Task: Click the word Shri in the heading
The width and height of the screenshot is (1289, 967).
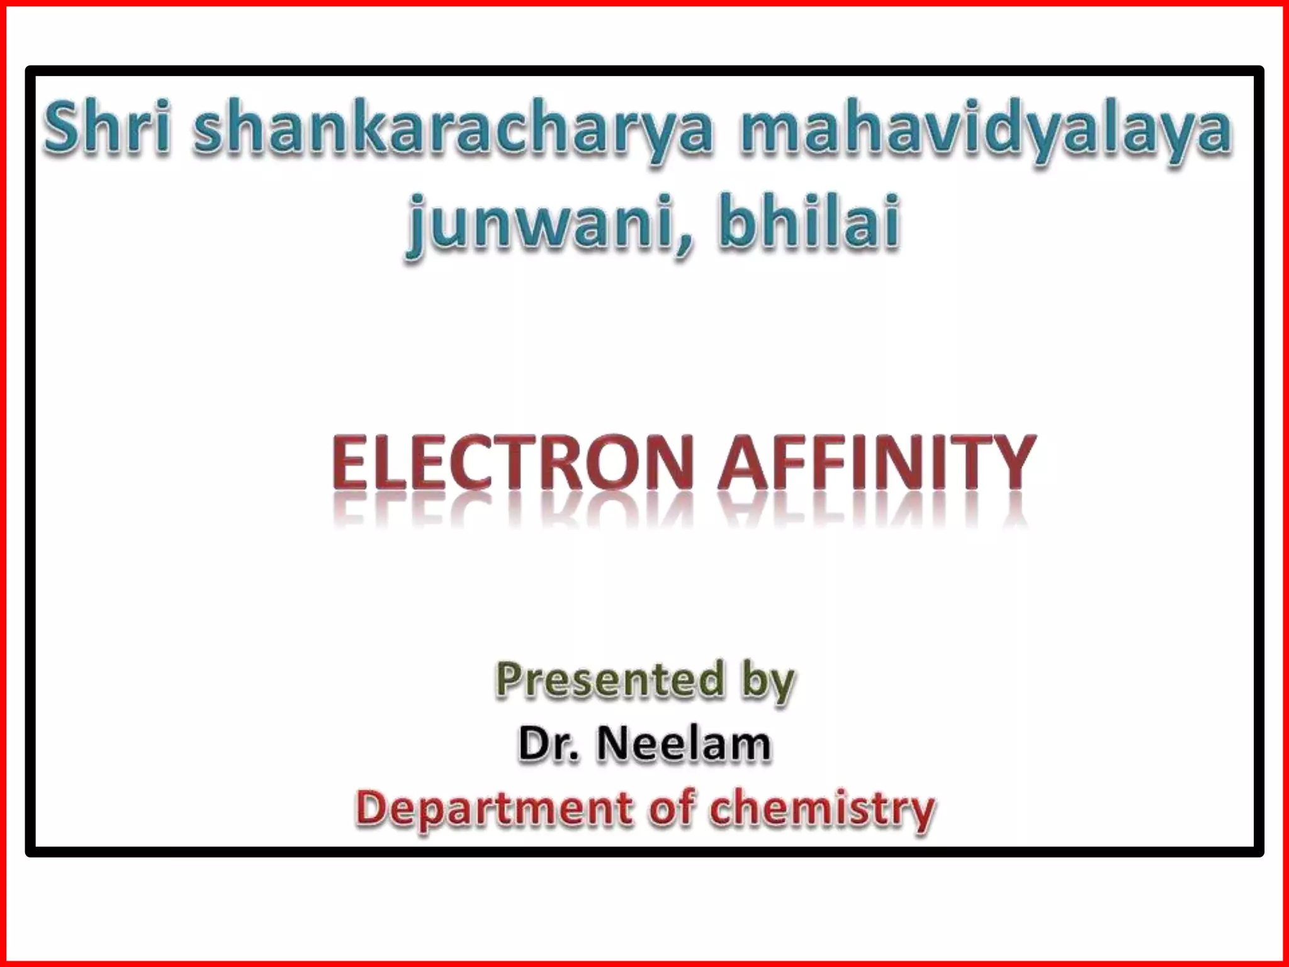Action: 107,129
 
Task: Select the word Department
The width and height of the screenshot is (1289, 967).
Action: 495,810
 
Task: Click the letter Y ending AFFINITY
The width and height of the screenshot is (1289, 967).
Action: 1013,463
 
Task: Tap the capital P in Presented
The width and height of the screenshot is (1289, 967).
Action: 509,680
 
